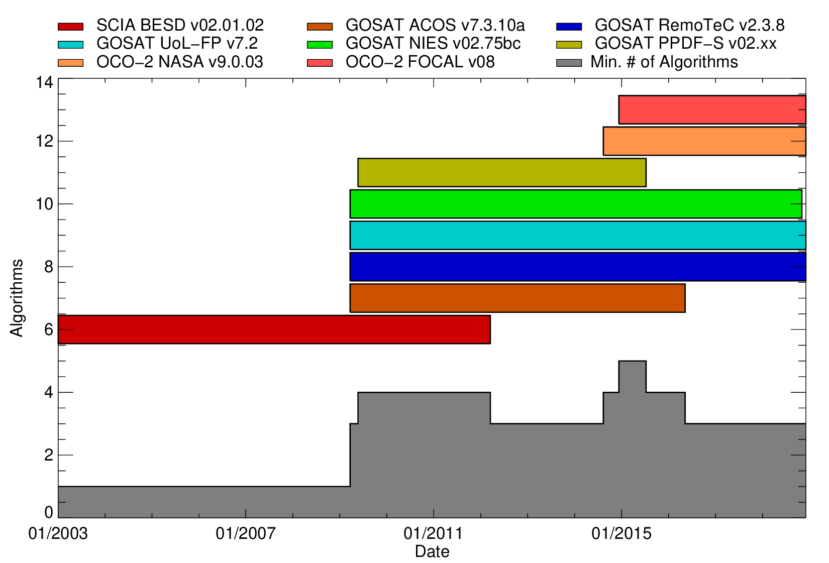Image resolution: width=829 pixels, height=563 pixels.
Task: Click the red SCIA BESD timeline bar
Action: click(274, 329)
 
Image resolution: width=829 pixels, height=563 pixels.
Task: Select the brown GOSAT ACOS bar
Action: click(517, 298)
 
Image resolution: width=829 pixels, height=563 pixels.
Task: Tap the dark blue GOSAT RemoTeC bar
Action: click(578, 267)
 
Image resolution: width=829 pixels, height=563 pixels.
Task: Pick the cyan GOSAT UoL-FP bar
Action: click(578, 235)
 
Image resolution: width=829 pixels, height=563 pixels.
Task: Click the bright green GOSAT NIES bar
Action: click(576, 204)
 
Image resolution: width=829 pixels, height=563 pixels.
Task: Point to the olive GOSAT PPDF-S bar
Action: click(502, 172)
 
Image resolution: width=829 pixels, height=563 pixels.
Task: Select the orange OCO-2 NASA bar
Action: click(704, 141)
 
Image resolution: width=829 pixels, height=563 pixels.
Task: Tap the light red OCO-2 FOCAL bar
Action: click(712, 109)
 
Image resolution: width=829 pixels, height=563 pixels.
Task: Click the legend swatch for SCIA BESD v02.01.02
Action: click(71, 26)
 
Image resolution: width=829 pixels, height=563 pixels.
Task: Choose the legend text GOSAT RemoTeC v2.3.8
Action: click(689, 25)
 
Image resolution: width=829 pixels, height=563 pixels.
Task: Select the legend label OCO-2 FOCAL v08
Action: click(420, 62)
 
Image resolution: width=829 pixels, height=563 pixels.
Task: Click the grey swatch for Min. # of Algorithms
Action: click(569, 63)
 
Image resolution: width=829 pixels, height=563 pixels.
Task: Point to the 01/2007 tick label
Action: click(245, 534)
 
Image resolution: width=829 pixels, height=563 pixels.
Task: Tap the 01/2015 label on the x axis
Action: click(621, 534)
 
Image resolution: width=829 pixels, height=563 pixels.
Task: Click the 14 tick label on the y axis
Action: click(44, 82)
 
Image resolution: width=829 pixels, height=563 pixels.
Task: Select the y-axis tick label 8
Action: click(49, 267)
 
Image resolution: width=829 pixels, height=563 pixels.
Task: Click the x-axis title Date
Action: click(432, 551)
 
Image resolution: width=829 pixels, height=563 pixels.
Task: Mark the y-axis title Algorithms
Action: click(17, 298)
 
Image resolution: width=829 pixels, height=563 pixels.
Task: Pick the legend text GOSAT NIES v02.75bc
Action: click(433, 44)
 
